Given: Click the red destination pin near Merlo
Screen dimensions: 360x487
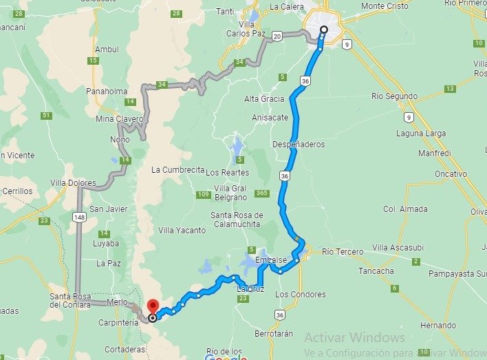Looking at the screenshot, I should point(152,306).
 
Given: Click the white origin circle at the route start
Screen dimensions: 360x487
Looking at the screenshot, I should point(324,30).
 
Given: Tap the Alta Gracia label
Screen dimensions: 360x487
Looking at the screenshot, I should point(264,99).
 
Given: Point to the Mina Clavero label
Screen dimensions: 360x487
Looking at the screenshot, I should point(119,118).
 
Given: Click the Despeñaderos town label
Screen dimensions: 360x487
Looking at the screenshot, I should point(299,145).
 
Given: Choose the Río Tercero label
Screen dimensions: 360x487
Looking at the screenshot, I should point(342,251).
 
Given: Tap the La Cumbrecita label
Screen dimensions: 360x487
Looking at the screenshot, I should point(178,169).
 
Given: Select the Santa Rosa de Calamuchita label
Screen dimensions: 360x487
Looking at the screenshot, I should point(237,220).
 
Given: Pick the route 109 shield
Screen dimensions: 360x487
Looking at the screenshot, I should point(202,195).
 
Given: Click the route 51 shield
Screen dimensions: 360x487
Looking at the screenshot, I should point(46,116).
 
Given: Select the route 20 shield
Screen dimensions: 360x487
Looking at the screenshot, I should point(277,36).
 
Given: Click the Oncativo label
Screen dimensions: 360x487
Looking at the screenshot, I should point(451,174).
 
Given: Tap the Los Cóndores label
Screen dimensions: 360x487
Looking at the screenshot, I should point(300,295).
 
